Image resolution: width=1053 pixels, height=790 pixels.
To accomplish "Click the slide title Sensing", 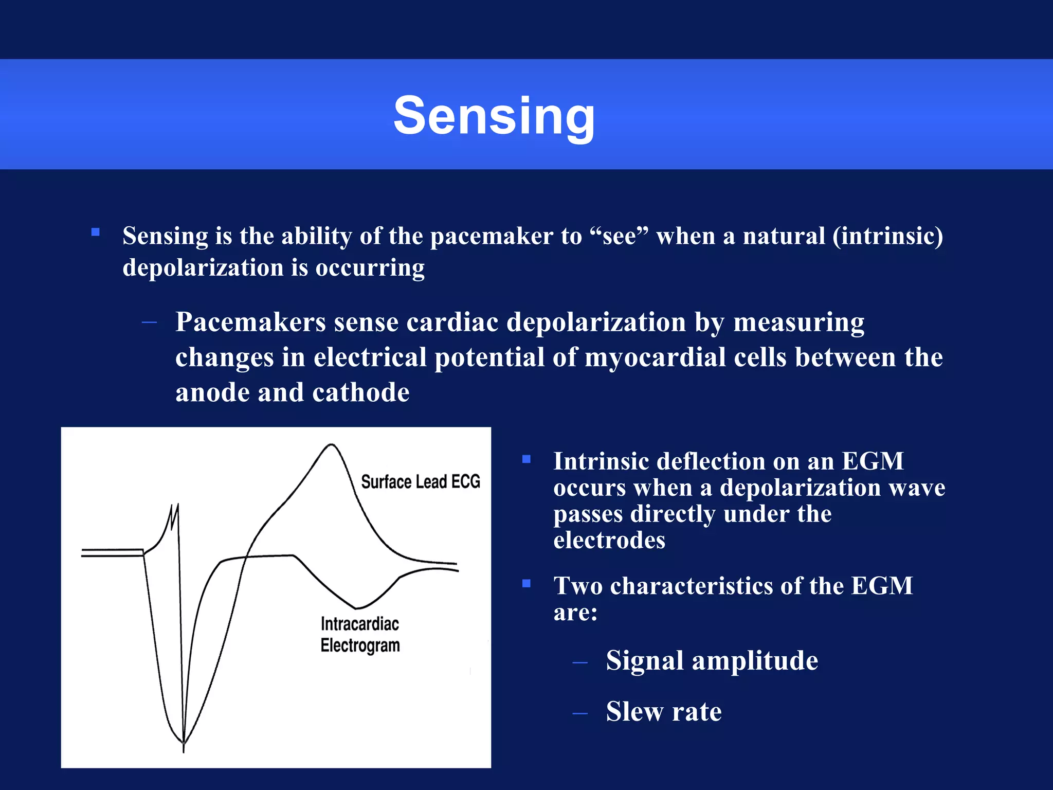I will [494, 116].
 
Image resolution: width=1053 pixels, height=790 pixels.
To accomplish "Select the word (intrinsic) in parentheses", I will [887, 237].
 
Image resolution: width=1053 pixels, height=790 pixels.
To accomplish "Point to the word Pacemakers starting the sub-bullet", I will [250, 323].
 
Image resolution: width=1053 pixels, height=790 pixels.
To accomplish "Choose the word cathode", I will [360, 393].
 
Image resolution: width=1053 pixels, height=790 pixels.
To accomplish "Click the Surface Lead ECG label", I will [420, 482].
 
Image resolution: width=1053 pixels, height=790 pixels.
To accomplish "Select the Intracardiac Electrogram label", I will [360, 635].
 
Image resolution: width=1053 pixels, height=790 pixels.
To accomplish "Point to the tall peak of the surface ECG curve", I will [332, 445].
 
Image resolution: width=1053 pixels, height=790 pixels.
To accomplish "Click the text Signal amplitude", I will [712, 661].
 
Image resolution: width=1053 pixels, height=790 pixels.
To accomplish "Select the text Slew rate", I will [663, 712].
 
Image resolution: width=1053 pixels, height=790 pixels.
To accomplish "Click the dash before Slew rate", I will [579, 713].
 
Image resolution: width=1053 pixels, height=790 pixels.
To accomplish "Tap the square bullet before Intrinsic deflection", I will [526, 459].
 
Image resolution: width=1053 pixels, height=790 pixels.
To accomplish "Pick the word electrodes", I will [609, 541].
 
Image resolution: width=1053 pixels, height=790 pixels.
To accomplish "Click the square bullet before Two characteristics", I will [526, 583].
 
